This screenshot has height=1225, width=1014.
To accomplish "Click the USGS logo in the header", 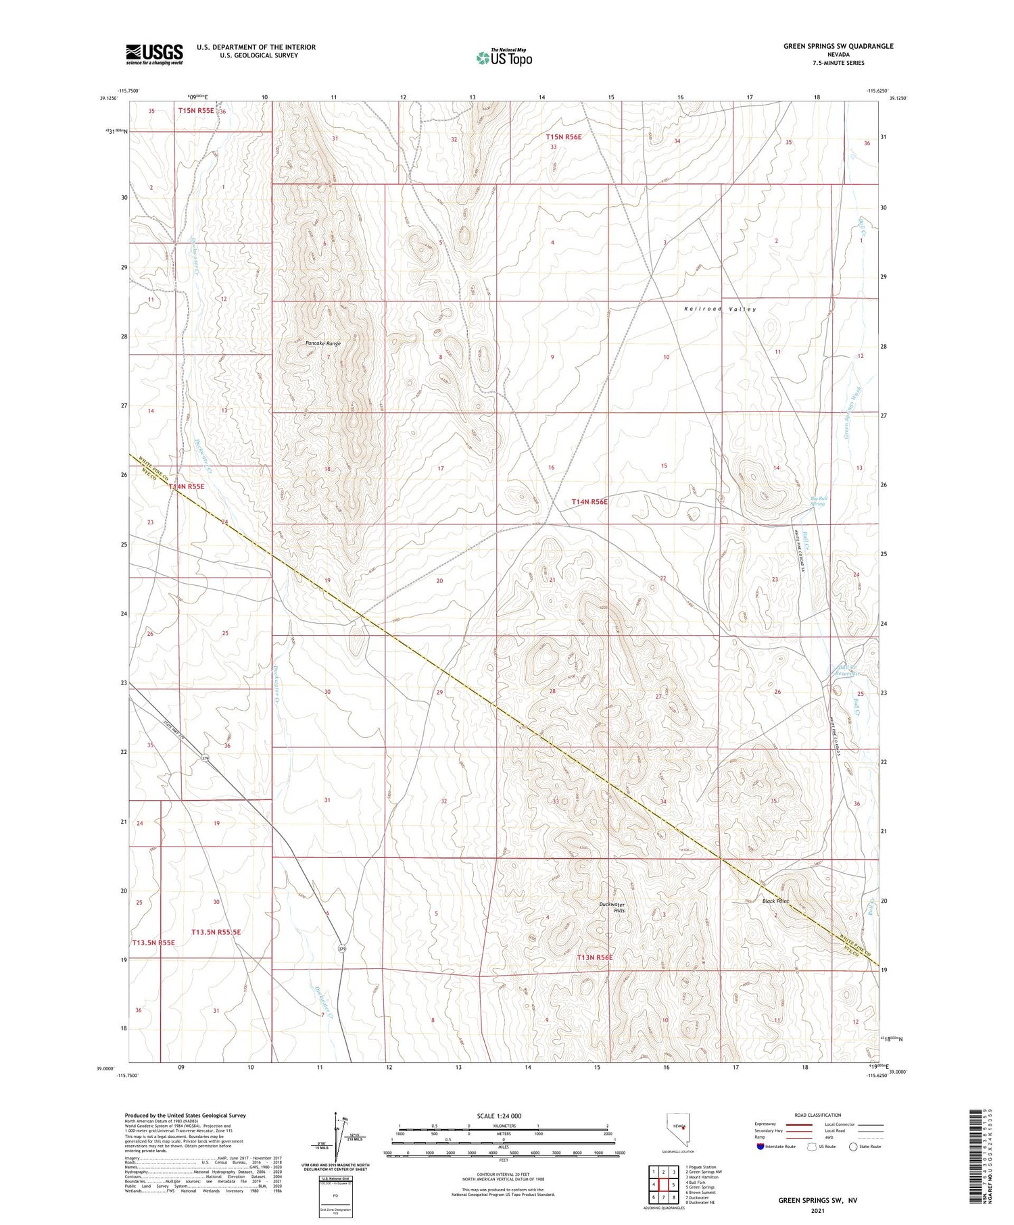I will (x=154, y=53).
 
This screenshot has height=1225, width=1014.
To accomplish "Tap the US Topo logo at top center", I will (x=504, y=57).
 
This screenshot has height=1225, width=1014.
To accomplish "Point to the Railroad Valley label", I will (x=720, y=309).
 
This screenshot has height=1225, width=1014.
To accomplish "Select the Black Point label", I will (x=775, y=901).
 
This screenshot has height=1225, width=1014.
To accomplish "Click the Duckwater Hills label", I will (x=613, y=907).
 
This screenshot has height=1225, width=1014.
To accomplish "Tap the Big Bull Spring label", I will (x=818, y=501).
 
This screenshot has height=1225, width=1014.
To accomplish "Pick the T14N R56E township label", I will (x=589, y=502).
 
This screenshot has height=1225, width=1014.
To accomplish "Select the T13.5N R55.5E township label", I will (x=216, y=932).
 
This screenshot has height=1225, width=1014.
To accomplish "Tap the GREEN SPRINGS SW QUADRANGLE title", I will (x=838, y=46).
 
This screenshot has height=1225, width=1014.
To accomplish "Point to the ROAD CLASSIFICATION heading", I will (x=818, y=1115).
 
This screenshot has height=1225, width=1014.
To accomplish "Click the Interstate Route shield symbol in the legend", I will (x=760, y=1147).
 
